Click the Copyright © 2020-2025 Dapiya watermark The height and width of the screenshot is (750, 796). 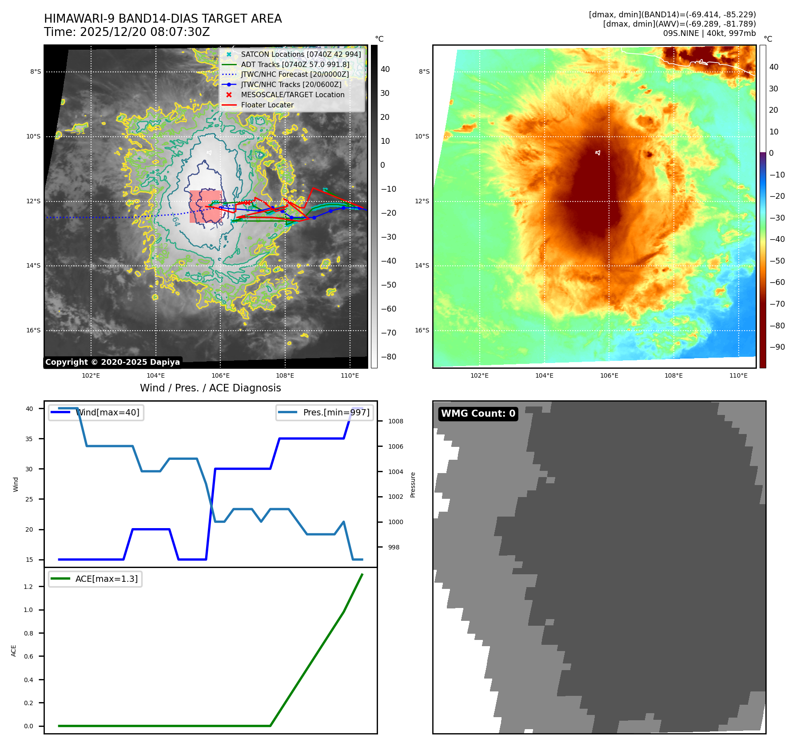(112, 362)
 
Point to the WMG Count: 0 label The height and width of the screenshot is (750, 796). (478, 414)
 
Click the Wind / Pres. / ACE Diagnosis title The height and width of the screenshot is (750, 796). (210, 388)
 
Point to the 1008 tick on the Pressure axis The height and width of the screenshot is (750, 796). (395, 421)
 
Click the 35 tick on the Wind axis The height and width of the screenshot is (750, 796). (29, 439)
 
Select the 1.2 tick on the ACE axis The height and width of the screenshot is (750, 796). (28, 587)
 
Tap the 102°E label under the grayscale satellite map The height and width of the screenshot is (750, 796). (91, 375)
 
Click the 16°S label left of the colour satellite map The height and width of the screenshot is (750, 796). (422, 330)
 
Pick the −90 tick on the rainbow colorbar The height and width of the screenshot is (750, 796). (777, 347)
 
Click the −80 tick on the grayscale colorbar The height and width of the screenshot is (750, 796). (388, 357)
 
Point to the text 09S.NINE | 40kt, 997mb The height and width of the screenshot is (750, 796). (709, 33)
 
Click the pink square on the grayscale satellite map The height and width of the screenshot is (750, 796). (205, 206)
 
